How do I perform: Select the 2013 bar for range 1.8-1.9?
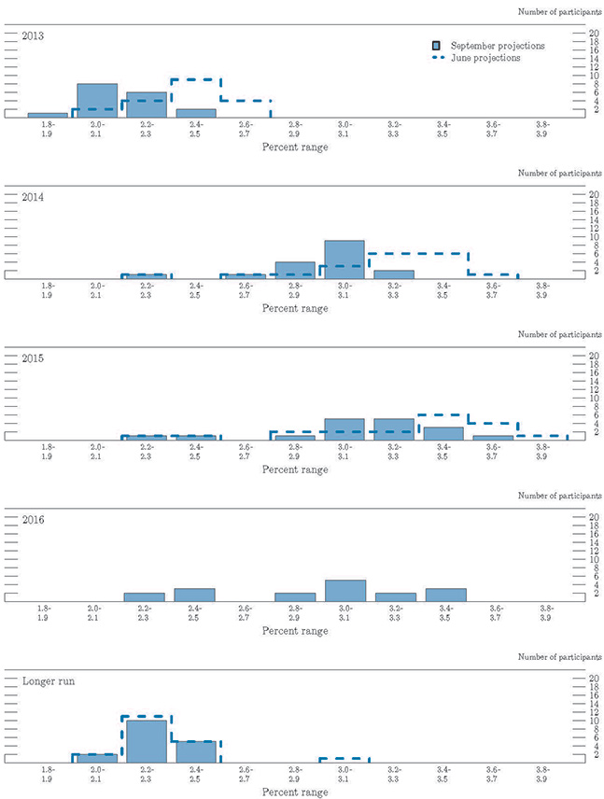point(48,115)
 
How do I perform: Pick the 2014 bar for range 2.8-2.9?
point(294,270)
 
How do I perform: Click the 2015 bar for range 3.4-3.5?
point(442,433)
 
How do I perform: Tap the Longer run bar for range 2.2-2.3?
point(146,741)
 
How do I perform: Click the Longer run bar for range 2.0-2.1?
point(97,758)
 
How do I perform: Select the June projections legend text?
point(485,58)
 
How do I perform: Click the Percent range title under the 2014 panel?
point(295,308)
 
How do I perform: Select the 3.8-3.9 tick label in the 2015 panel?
point(542,452)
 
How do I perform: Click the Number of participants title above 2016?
point(558,496)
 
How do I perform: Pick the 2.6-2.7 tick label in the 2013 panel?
point(245,130)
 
